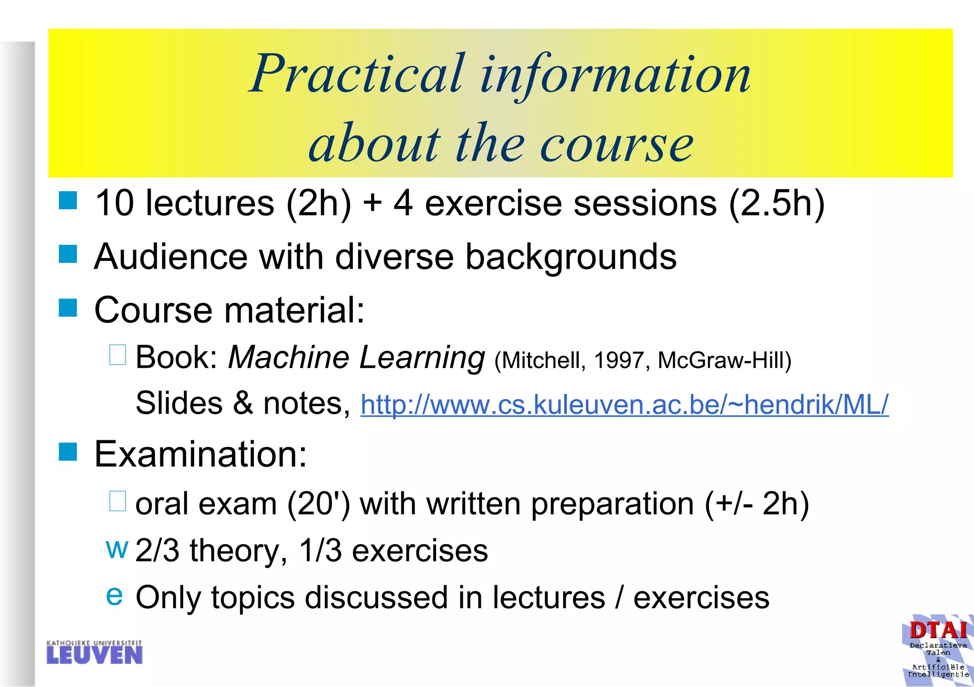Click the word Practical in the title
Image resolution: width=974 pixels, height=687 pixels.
(x=357, y=74)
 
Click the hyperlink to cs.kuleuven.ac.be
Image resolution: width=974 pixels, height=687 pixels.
(x=624, y=405)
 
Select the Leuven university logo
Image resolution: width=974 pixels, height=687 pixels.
(x=94, y=652)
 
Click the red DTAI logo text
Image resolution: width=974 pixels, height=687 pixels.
(x=938, y=631)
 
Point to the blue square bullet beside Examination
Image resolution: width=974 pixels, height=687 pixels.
(x=68, y=452)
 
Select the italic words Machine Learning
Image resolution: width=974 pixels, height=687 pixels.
(x=356, y=357)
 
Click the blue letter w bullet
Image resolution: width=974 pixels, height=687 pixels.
(x=117, y=549)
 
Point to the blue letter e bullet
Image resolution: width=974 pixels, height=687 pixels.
(x=114, y=595)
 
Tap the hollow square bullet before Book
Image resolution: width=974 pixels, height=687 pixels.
(x=117, y=355)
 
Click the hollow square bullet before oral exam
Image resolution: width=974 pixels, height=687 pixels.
(x=117, y=501)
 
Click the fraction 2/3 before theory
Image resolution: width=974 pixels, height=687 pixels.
(x=157, y=551)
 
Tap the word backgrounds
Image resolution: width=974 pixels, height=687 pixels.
(x=570, y=257)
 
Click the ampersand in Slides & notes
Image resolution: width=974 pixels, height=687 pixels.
(x=243, y=403)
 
